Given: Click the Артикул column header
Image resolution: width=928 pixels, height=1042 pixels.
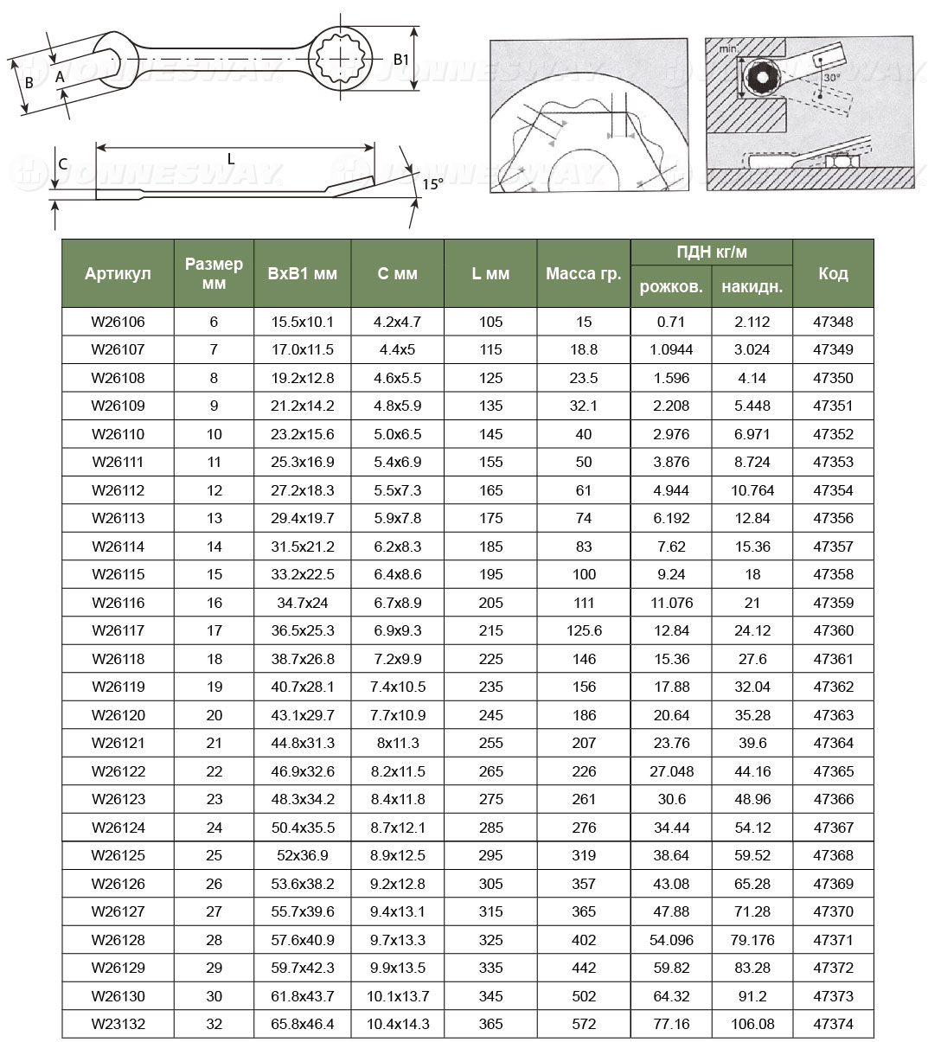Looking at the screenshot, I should (118, 273).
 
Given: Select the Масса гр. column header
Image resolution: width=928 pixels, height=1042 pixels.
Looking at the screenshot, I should (584, 273).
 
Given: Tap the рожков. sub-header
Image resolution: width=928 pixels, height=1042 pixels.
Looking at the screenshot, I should (671, 286).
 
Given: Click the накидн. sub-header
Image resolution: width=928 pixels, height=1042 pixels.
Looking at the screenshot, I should (752, 286).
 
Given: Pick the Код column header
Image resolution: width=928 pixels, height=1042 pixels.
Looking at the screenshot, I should (833, 273).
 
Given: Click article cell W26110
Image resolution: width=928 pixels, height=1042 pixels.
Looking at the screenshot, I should (118, 434).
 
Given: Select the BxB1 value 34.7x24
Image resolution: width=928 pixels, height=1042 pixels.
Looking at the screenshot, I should (302, 603).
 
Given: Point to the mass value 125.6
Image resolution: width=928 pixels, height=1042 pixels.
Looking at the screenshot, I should (584, 630).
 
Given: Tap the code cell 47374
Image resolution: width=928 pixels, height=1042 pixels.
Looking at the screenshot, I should (833, 1024).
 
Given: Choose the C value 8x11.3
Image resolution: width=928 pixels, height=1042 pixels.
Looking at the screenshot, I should (397, 743).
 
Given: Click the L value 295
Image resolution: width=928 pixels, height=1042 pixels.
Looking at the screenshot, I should (490, 855).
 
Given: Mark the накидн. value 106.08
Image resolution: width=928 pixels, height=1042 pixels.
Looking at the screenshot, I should (752, 1024).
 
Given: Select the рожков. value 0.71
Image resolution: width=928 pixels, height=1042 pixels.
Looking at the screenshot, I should (671, 322).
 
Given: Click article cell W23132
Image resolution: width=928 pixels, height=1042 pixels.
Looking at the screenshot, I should (118, 1024).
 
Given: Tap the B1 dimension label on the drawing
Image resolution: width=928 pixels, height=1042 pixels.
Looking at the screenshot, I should (400, 60).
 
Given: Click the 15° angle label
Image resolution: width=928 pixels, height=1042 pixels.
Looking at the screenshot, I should (432, 183).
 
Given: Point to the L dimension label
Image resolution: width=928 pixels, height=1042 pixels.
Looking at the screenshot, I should (231, 158).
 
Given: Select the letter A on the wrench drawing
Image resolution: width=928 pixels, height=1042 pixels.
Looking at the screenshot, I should (60, 77).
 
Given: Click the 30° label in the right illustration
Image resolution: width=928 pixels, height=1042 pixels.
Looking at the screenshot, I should (831, 77).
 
